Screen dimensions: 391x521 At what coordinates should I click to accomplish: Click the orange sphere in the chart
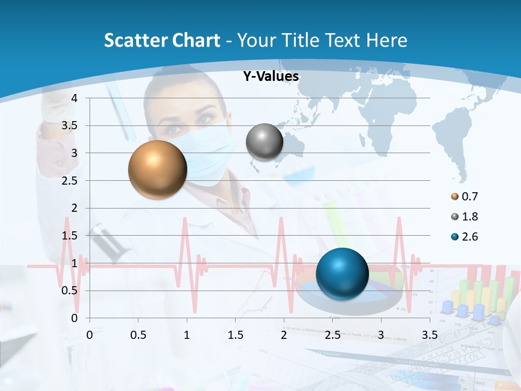(157, 169)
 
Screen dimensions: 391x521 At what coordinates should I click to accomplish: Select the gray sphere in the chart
(264, 142)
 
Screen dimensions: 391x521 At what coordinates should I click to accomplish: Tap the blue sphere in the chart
(342, 274)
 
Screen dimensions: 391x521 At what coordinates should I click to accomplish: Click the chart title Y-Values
(271, 77)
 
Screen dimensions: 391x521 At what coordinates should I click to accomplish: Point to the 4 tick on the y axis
(75, 98)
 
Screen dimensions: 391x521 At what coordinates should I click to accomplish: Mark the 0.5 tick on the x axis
(138, 335)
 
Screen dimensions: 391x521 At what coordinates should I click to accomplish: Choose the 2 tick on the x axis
(283, 335)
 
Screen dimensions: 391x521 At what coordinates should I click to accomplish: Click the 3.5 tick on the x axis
(429, 335)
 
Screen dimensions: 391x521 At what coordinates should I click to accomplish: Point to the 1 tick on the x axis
(187, 335)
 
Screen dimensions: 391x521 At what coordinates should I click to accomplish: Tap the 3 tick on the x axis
(380, 335)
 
